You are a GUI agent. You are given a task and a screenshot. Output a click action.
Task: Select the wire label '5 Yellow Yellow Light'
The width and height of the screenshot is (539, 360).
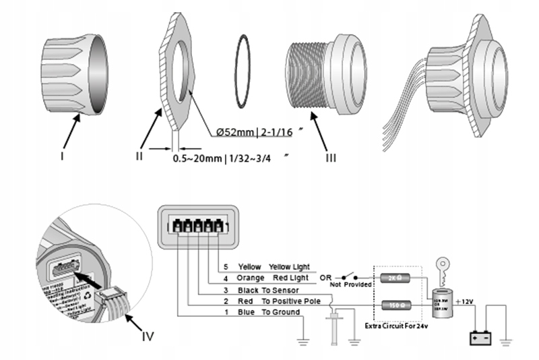coord(266,267)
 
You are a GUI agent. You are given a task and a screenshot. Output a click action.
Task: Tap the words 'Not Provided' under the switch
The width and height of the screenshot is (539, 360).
coord(351,284)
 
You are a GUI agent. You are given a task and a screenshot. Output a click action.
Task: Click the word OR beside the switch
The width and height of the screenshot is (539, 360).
coord(325,277)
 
